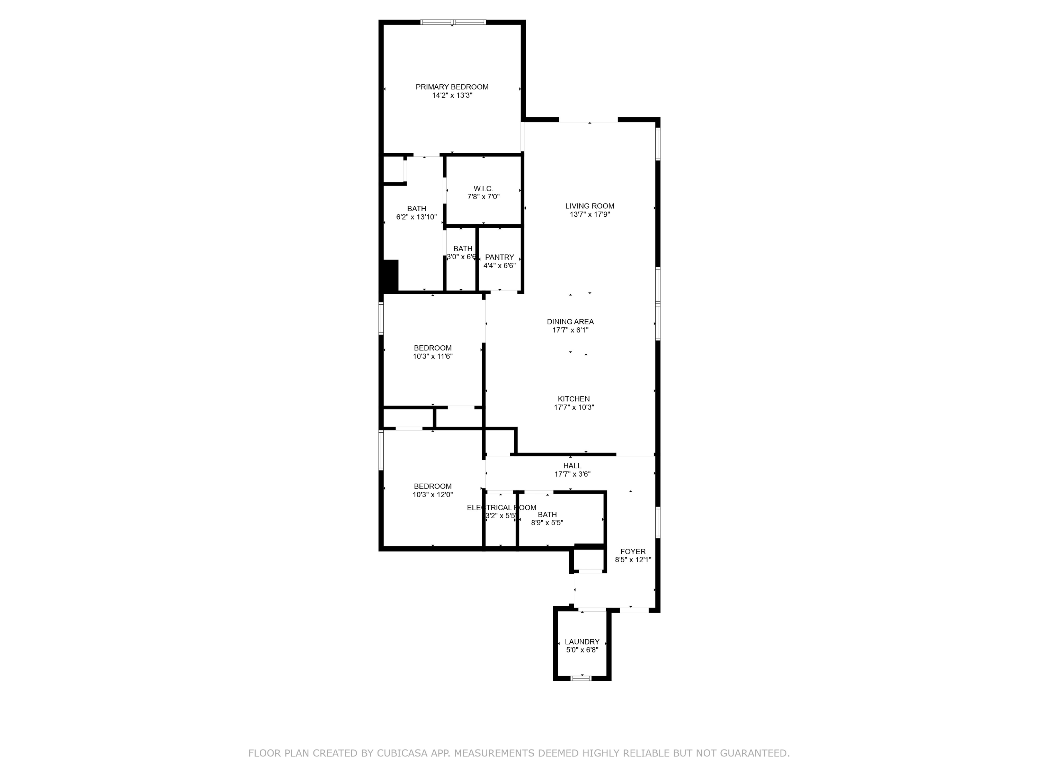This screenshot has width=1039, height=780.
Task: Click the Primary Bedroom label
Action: [452, 87]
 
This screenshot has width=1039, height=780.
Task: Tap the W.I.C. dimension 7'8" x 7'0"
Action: [483, 197]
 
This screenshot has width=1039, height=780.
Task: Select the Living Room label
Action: [589, 206]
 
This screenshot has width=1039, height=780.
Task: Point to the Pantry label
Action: [499, 257]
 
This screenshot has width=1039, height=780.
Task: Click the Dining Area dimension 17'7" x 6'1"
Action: [570, 330]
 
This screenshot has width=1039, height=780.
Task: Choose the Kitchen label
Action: [574, 399]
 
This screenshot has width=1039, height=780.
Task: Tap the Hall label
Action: [572, 466]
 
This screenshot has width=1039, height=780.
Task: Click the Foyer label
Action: [633, 552]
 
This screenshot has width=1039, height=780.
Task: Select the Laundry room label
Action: [582, 642]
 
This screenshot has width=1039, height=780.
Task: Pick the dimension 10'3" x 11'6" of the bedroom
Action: [433, 356]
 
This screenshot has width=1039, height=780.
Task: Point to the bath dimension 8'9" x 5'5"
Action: [547, 523]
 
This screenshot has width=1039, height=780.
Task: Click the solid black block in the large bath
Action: [391, 276]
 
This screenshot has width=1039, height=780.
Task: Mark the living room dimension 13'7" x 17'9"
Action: [589, 214]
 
